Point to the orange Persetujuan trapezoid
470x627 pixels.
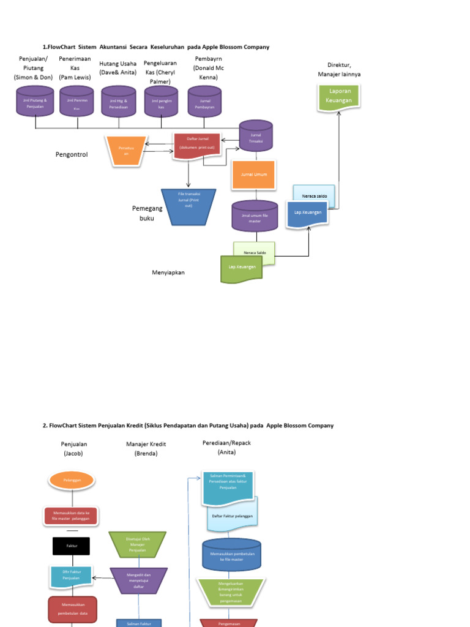pyautogui.click(x=127, y=151)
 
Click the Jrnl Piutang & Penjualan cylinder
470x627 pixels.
pyautogui.click(x=35, y=101)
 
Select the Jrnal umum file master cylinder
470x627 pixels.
pyautogui.click(x=255, y=217)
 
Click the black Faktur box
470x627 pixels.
pyautogui.click(x=72, y=546)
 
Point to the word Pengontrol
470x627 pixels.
pyautogui.click(x=72, y=155)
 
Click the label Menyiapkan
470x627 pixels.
pyautogui.click(x=168, y=272)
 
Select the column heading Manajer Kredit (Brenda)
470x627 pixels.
pyautogui.click(x=146, y=449)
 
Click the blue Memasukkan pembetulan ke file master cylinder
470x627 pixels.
pyautogui.click(x=231, y=555)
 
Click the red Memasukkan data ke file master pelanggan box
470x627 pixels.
pyautogui.click(x=71, y=516)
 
